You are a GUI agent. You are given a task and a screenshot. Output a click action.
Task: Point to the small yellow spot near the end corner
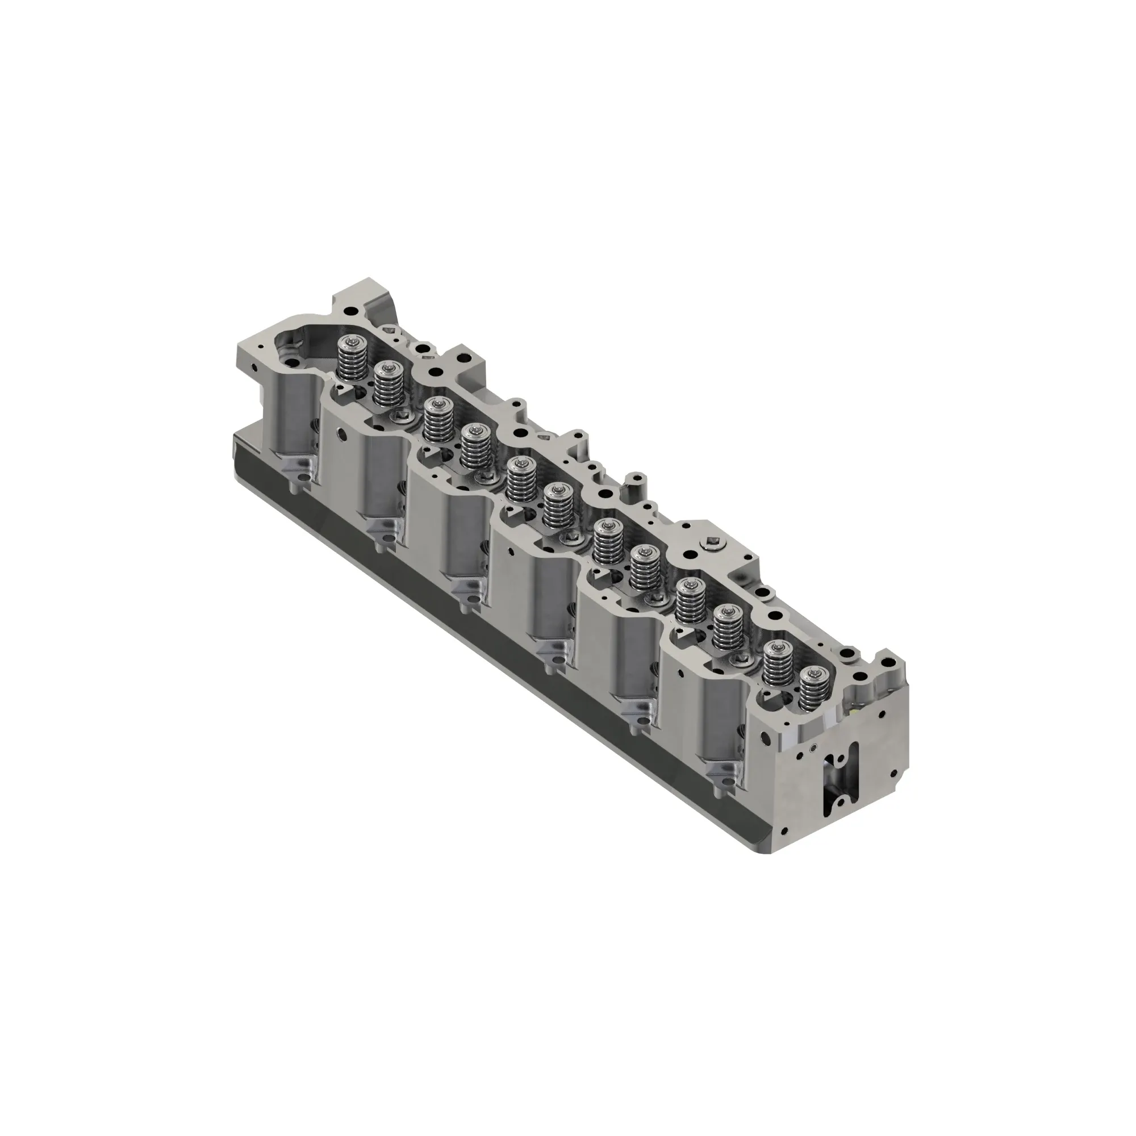point(854,711)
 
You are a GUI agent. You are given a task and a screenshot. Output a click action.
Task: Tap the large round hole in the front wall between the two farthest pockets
point(340,435)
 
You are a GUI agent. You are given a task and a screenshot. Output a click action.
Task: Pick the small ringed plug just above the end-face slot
point(813,749)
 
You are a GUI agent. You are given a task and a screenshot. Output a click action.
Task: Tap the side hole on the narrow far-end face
point(253,370)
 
